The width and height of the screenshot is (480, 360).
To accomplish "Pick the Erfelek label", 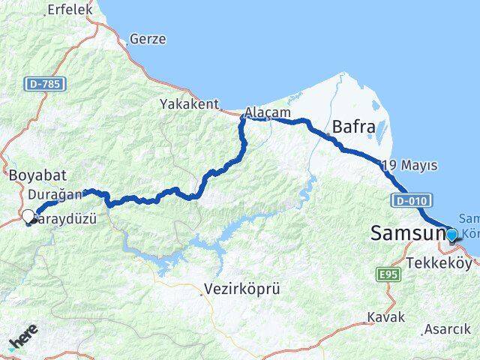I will click(x=69, y=10).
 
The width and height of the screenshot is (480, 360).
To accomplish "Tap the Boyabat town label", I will click(x=37, y=175).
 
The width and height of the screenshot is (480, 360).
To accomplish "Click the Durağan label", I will click(x=49, y=193).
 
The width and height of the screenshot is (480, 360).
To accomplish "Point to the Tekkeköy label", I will click(x=442, y=264).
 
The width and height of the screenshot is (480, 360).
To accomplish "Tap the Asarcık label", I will click(x=448, y=328).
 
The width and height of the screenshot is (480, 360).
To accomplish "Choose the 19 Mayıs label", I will click(x=409, y=165).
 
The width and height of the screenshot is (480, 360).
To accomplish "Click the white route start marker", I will click(x=28, y=217).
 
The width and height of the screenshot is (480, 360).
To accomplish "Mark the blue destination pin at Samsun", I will click(x=452, y=235).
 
